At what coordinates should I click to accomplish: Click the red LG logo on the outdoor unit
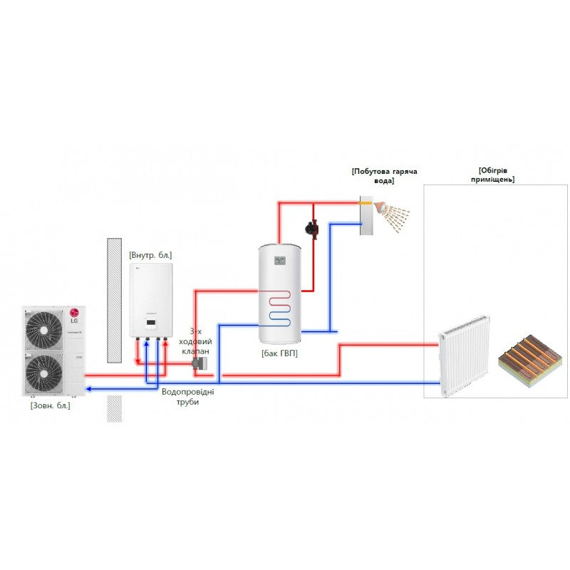(73, 311)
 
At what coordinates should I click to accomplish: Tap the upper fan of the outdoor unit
(44, 329)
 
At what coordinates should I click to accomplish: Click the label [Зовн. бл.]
(50, 405)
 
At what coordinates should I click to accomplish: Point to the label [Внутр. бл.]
(150, 254)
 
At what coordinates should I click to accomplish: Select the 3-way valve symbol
(200, 364)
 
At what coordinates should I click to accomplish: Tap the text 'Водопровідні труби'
(187, 397)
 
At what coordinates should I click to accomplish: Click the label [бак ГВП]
(279, 353)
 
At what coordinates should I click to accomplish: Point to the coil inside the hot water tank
(279, 307)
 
